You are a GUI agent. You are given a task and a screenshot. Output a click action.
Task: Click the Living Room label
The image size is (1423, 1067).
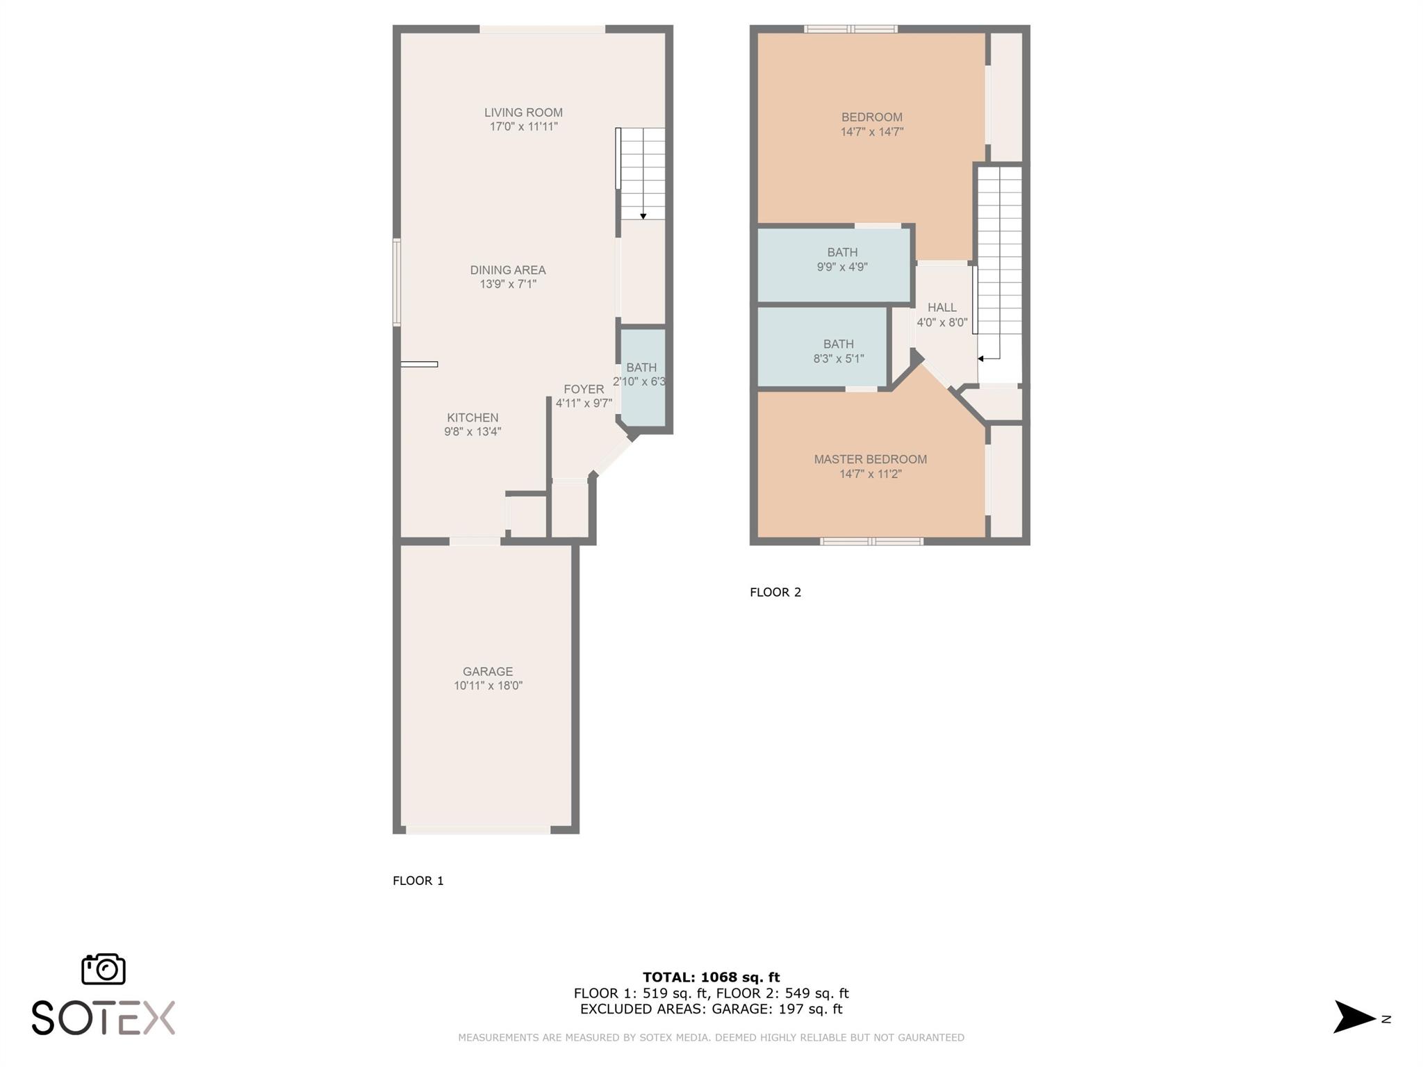(523, 113)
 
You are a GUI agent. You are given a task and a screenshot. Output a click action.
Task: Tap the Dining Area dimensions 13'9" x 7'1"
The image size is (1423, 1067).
(508, 284)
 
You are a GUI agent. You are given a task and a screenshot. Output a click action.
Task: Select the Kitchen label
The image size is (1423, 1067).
(472, 417)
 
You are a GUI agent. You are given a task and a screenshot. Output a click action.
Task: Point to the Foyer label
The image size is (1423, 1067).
(584, 390)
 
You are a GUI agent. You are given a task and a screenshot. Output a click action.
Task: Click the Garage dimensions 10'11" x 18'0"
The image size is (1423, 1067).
(488, 686)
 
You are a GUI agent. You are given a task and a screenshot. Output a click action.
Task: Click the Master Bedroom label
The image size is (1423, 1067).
(871, 459)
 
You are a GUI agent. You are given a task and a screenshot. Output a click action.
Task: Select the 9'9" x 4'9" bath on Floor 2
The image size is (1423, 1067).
(834, 266)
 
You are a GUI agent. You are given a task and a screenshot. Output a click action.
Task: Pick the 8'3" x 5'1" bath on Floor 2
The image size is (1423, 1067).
(823, 347)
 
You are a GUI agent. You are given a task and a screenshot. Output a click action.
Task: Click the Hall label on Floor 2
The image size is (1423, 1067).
(942, 307)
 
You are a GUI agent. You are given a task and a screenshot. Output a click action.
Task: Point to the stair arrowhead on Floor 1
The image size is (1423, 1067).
(643, 217)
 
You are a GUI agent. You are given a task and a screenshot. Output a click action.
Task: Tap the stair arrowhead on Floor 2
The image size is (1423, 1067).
(980, 359)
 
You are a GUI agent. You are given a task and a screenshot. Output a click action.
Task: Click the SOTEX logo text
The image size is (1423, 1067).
(104, 1018)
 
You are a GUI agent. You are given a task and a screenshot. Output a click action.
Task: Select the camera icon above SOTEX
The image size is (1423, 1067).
(104, 969)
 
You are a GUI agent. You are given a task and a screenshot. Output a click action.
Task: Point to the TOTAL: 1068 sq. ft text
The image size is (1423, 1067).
(711, 977)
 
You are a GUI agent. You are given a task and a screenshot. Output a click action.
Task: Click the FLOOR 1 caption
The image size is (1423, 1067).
(418, 881)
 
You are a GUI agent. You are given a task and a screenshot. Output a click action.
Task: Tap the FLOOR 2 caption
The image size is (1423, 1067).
(775, 593)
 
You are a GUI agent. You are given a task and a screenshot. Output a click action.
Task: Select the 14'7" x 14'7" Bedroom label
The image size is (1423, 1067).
(872, 124)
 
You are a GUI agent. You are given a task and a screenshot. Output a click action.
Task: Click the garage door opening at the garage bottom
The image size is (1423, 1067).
(479, 829)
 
